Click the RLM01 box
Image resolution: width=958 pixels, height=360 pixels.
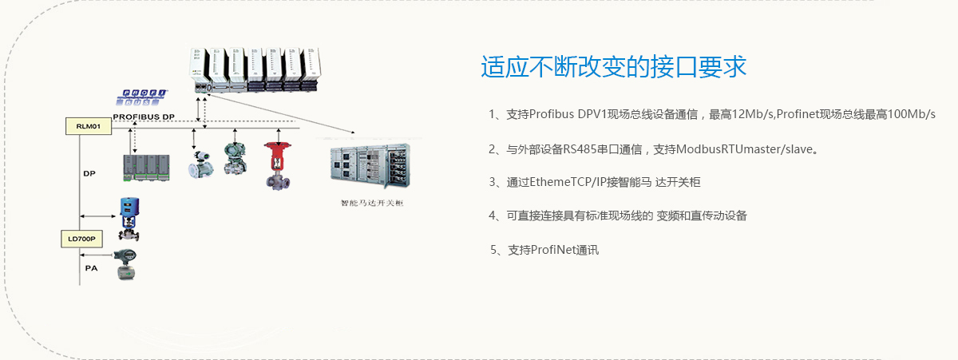(89, 126)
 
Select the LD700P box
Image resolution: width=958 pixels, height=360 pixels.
(81, 239)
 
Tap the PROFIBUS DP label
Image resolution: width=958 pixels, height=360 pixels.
(144, 117)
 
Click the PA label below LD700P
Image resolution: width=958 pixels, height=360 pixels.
(91, 268)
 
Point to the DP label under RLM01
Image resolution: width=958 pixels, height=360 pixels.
(89, 172)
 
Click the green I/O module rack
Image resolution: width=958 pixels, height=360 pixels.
(146, 168)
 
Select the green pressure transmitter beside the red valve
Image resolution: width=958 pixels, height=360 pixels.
(236, 158)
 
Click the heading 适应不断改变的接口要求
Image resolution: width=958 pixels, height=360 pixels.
(614, 67)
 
